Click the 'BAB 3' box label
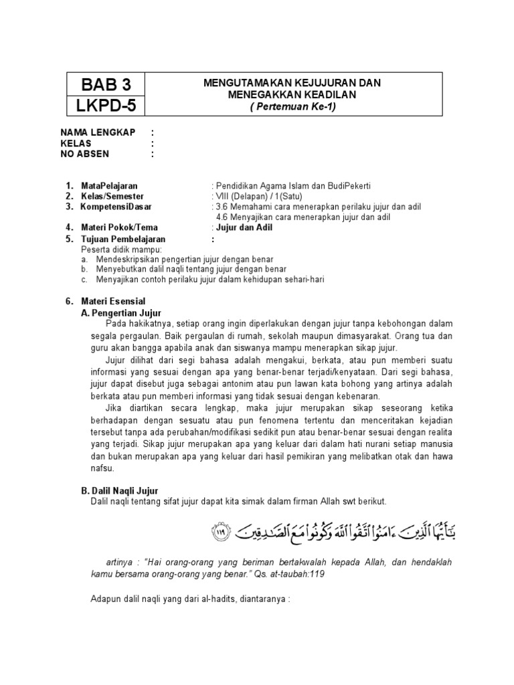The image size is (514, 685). [106, 85]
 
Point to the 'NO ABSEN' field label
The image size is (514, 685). [85, 154]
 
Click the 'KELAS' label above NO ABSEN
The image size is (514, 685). [76, 143]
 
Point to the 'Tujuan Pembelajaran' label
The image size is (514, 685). [123, 239]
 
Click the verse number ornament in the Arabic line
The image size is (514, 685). [220, 533]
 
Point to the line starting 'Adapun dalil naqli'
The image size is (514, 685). [190, 599]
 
